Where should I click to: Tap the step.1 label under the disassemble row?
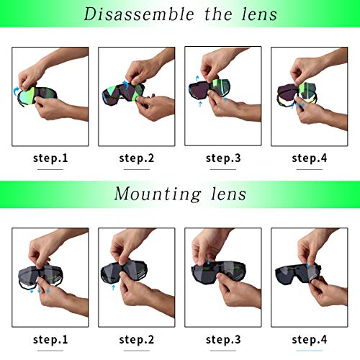(50, 158)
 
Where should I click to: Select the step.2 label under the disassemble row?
(137, 158)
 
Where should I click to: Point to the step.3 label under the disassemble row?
(223, 158)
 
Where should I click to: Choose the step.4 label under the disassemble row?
(310, 158)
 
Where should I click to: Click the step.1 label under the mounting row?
(50, 339)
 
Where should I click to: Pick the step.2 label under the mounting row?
(137, 339)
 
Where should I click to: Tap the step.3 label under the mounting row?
(223, 339)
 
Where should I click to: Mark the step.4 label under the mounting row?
(310, 339)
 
